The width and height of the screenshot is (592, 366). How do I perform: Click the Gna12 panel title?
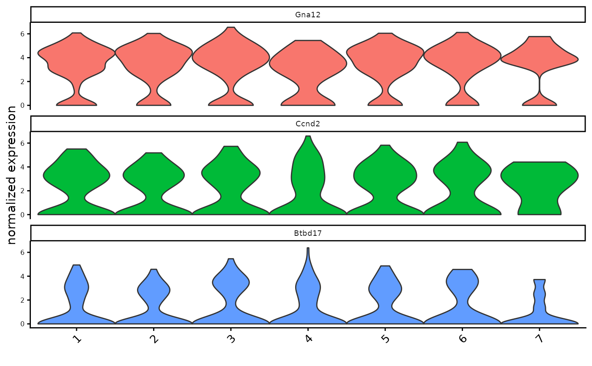(x=307, y=15)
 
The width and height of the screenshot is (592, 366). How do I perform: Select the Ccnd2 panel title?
(x=307, y=124)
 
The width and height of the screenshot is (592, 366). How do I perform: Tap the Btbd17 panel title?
(x=307, y=233)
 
